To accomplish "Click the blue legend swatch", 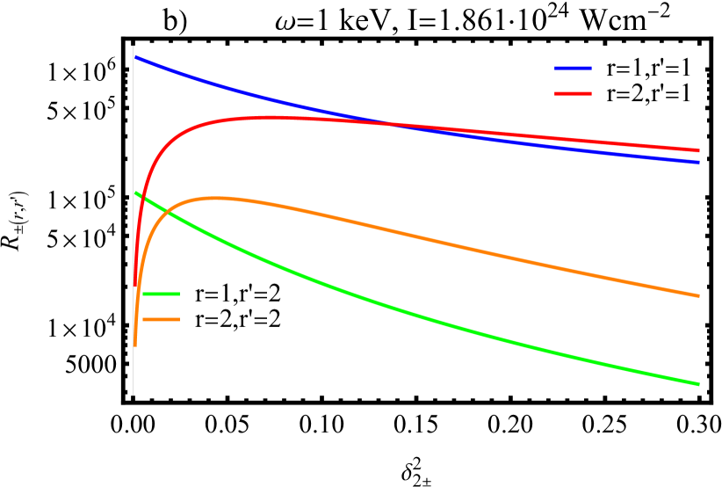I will pyautogui.click(x=573, y=68).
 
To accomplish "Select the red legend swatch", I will pyautogui.click(x=573, y=93).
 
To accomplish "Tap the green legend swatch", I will pyautogui.click(x=161, y=294).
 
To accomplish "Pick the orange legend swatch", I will pyautogui.click(x=161, y=319).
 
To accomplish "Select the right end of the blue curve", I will pyautogui.click(x=699, y=162).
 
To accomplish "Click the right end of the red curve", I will pyautogui.click(x=699, y=150).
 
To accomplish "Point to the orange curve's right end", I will pyautogui.click(x=699, y=295).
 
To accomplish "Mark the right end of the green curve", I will pyautogui.click(x=699, y=383).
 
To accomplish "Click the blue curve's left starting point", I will pyautogui.click(x=135, y=56).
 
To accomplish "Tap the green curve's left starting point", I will pyautogui.click(x=135, y=193).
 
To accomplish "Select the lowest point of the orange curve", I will pyautogui.click(x=134, y=345).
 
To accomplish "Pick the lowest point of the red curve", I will pyautogui.click(x=134, y=286).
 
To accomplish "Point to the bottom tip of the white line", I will pyautogui.click(x=133, y=395).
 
